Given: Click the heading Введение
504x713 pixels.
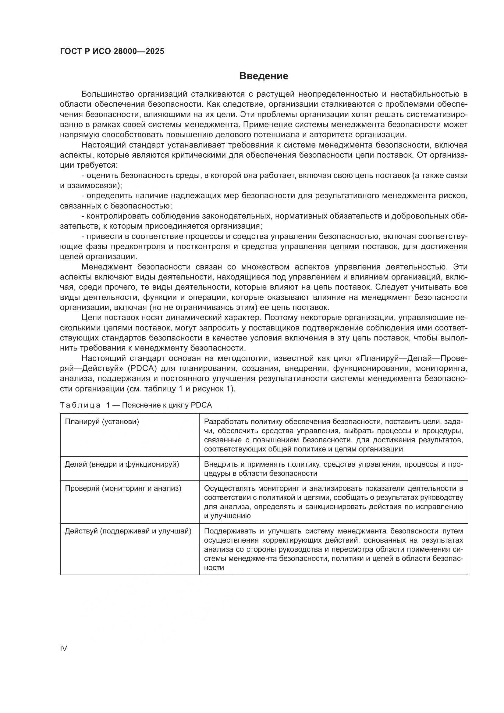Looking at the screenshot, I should pyautogui.click(x=264, y=76).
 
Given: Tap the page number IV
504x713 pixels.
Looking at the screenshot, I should pyautogui.click(x=63, y=648).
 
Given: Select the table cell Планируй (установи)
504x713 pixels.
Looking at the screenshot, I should pyautogui.click(x=102, y=422).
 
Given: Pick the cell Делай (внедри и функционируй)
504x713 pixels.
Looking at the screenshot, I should pyautogui.click(x=122, y=464).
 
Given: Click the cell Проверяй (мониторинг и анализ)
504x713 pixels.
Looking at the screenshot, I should pyautogui.click(x=123, y=488).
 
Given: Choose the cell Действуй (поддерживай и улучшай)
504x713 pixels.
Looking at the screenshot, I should pyautogui.click(x=128, y=531).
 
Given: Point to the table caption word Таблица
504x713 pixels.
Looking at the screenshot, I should pyautogui.click(x=80, y=405).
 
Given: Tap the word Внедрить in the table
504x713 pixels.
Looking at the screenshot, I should pyautogui.click(x=219, y=464).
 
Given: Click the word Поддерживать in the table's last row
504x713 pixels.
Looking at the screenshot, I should pyautogui.click(x=229, y=531).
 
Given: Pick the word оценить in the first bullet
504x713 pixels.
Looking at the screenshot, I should pyautogui.click(x=102, y=176).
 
